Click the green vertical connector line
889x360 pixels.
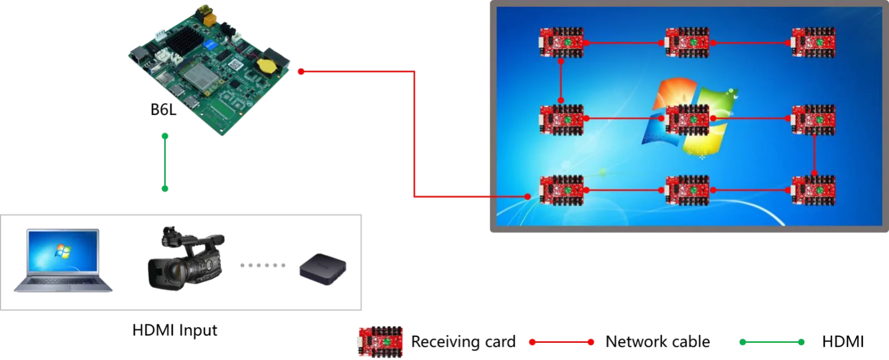tap(165, 163)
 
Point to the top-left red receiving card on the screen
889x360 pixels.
tap(562, 43)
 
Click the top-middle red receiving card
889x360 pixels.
tap(687, 43)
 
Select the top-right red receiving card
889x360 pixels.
tap(813, 43)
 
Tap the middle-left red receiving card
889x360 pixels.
tap(562, 119)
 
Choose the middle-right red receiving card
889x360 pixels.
tap(813, 119)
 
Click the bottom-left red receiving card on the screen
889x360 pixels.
tap(562, 190)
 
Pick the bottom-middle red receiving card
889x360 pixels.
tap(687, 190)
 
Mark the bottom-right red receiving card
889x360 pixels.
tap(813, 190)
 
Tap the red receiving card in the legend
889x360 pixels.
tap(379, 341)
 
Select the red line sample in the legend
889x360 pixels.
tap(561, 342)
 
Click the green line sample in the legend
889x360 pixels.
tap(772, 342)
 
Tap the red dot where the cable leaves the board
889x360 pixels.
tap(300, 72)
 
